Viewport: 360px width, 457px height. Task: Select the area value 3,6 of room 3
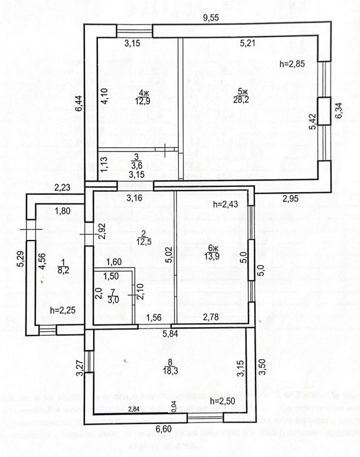(136, 166)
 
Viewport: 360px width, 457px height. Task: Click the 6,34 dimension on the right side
(338, 110)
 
